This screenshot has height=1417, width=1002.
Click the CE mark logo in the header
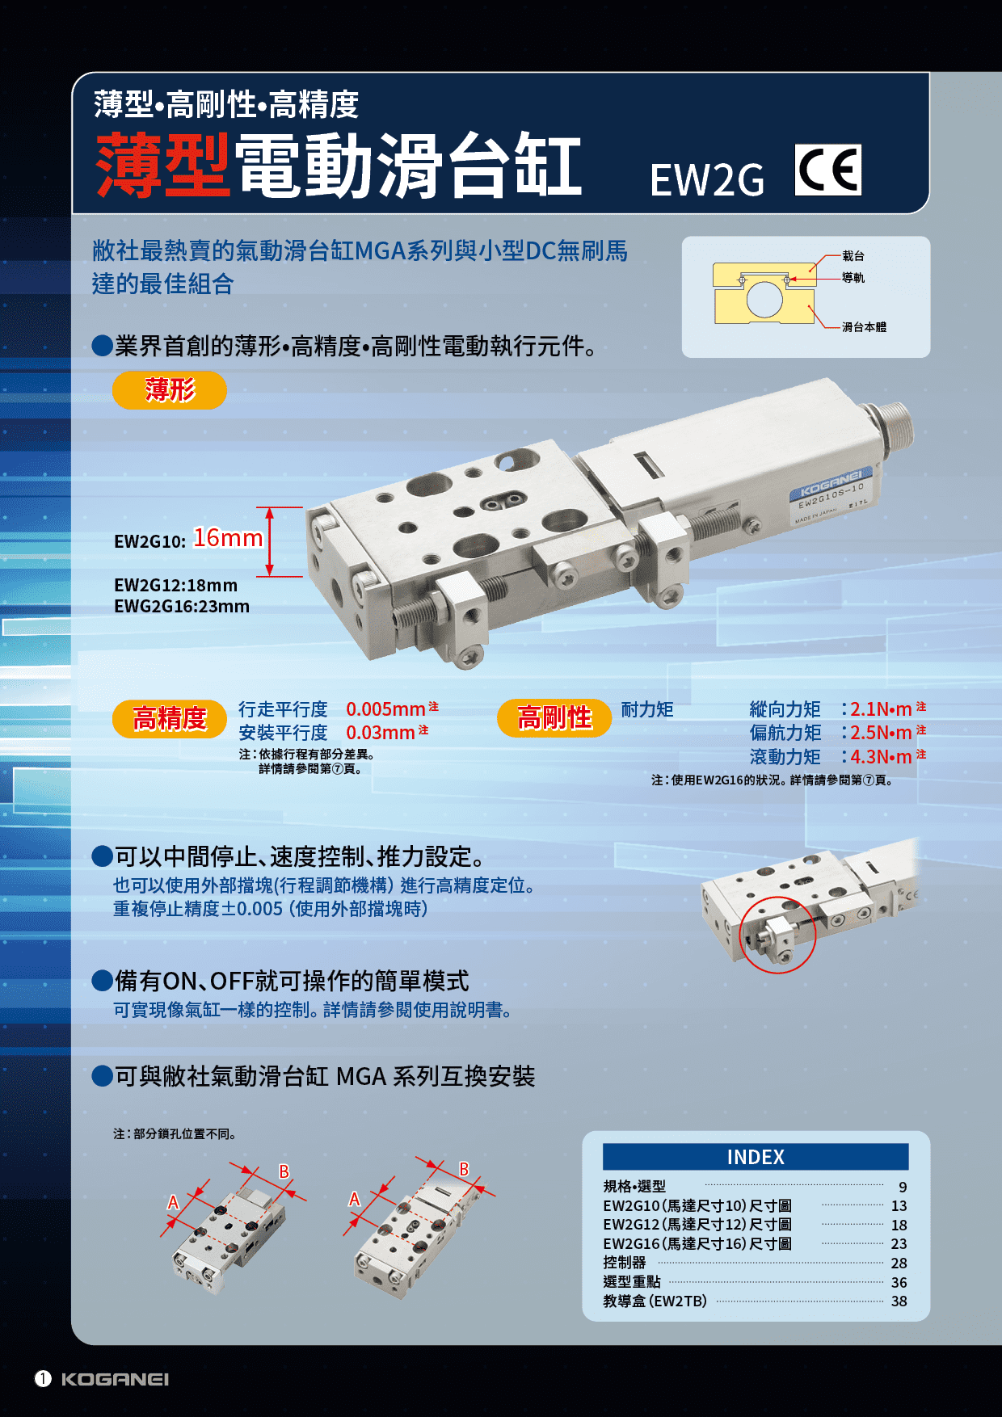click(828, 170)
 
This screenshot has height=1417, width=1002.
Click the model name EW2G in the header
click(706, 180)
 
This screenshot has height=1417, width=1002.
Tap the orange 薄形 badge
click(170, 390)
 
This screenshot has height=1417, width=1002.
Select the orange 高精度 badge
click(170, 718)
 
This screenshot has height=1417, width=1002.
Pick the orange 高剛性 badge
click(554, 717)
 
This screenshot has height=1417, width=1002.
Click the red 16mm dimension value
click(228, 538)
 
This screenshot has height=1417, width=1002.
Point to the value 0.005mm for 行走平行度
click(385, 709)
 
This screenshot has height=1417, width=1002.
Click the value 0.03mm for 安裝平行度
click(380, 733)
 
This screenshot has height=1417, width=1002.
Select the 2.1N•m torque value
click(881, 709)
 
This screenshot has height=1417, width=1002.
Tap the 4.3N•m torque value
click(881, 757)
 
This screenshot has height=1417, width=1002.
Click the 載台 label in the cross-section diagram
click(853, 256)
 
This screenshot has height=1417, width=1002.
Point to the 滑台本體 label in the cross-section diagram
click(864, 327)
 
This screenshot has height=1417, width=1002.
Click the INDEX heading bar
click(756, 1157)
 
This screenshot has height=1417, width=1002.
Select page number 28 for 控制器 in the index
click(899, 1264)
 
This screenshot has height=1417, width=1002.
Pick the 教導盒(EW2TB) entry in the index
click(655, 1301)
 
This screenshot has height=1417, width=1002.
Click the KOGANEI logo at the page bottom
click(115, 1379)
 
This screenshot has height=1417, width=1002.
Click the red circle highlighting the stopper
click(777, 935)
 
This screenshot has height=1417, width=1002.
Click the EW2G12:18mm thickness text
click(175, 585)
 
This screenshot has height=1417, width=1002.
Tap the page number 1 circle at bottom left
click(43, 1379)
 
